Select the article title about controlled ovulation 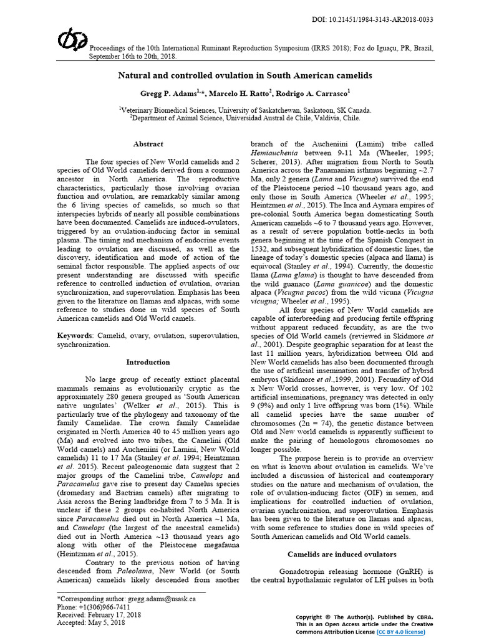[x=245, y=75]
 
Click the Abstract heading [x=148, y=144]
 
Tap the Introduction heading [x=148, y=362]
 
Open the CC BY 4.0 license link [x=401, y=631]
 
